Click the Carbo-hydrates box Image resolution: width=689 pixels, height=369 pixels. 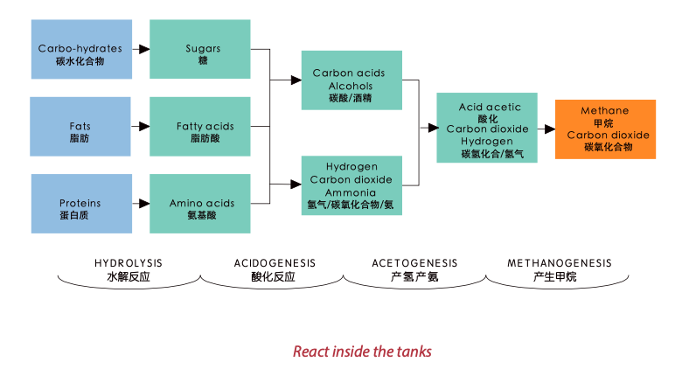coord(81,49)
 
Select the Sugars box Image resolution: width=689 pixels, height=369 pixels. coord(200,49)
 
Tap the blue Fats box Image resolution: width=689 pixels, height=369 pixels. coord(80,127)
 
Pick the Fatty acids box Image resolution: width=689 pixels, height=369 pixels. coord(200,127)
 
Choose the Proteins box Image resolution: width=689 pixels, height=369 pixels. coord(81,204)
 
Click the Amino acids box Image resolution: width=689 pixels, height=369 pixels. coord(200,204)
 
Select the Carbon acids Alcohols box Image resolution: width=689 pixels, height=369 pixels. coord(351,80)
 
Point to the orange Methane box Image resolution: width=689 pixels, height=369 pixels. coord(606,129)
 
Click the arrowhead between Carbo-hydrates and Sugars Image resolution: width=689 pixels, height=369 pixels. coord(144,49)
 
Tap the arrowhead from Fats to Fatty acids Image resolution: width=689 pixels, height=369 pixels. coord(144,127)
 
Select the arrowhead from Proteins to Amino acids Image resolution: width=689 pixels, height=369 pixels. coord(144,204)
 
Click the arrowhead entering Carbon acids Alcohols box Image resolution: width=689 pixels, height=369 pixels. coord(296,80)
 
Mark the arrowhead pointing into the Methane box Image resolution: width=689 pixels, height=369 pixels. coord(550,129)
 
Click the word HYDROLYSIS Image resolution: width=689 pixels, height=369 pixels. coord(129,263)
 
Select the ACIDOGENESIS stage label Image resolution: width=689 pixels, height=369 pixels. coord(275,263)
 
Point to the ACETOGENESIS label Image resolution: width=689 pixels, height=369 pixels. coord(414,263)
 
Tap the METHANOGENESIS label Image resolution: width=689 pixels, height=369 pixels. coord(560,263)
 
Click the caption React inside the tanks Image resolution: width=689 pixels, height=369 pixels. coord(362,352)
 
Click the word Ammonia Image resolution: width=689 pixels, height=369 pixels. coord(351,192)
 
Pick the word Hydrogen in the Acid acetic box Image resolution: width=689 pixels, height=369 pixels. coord(487,142)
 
